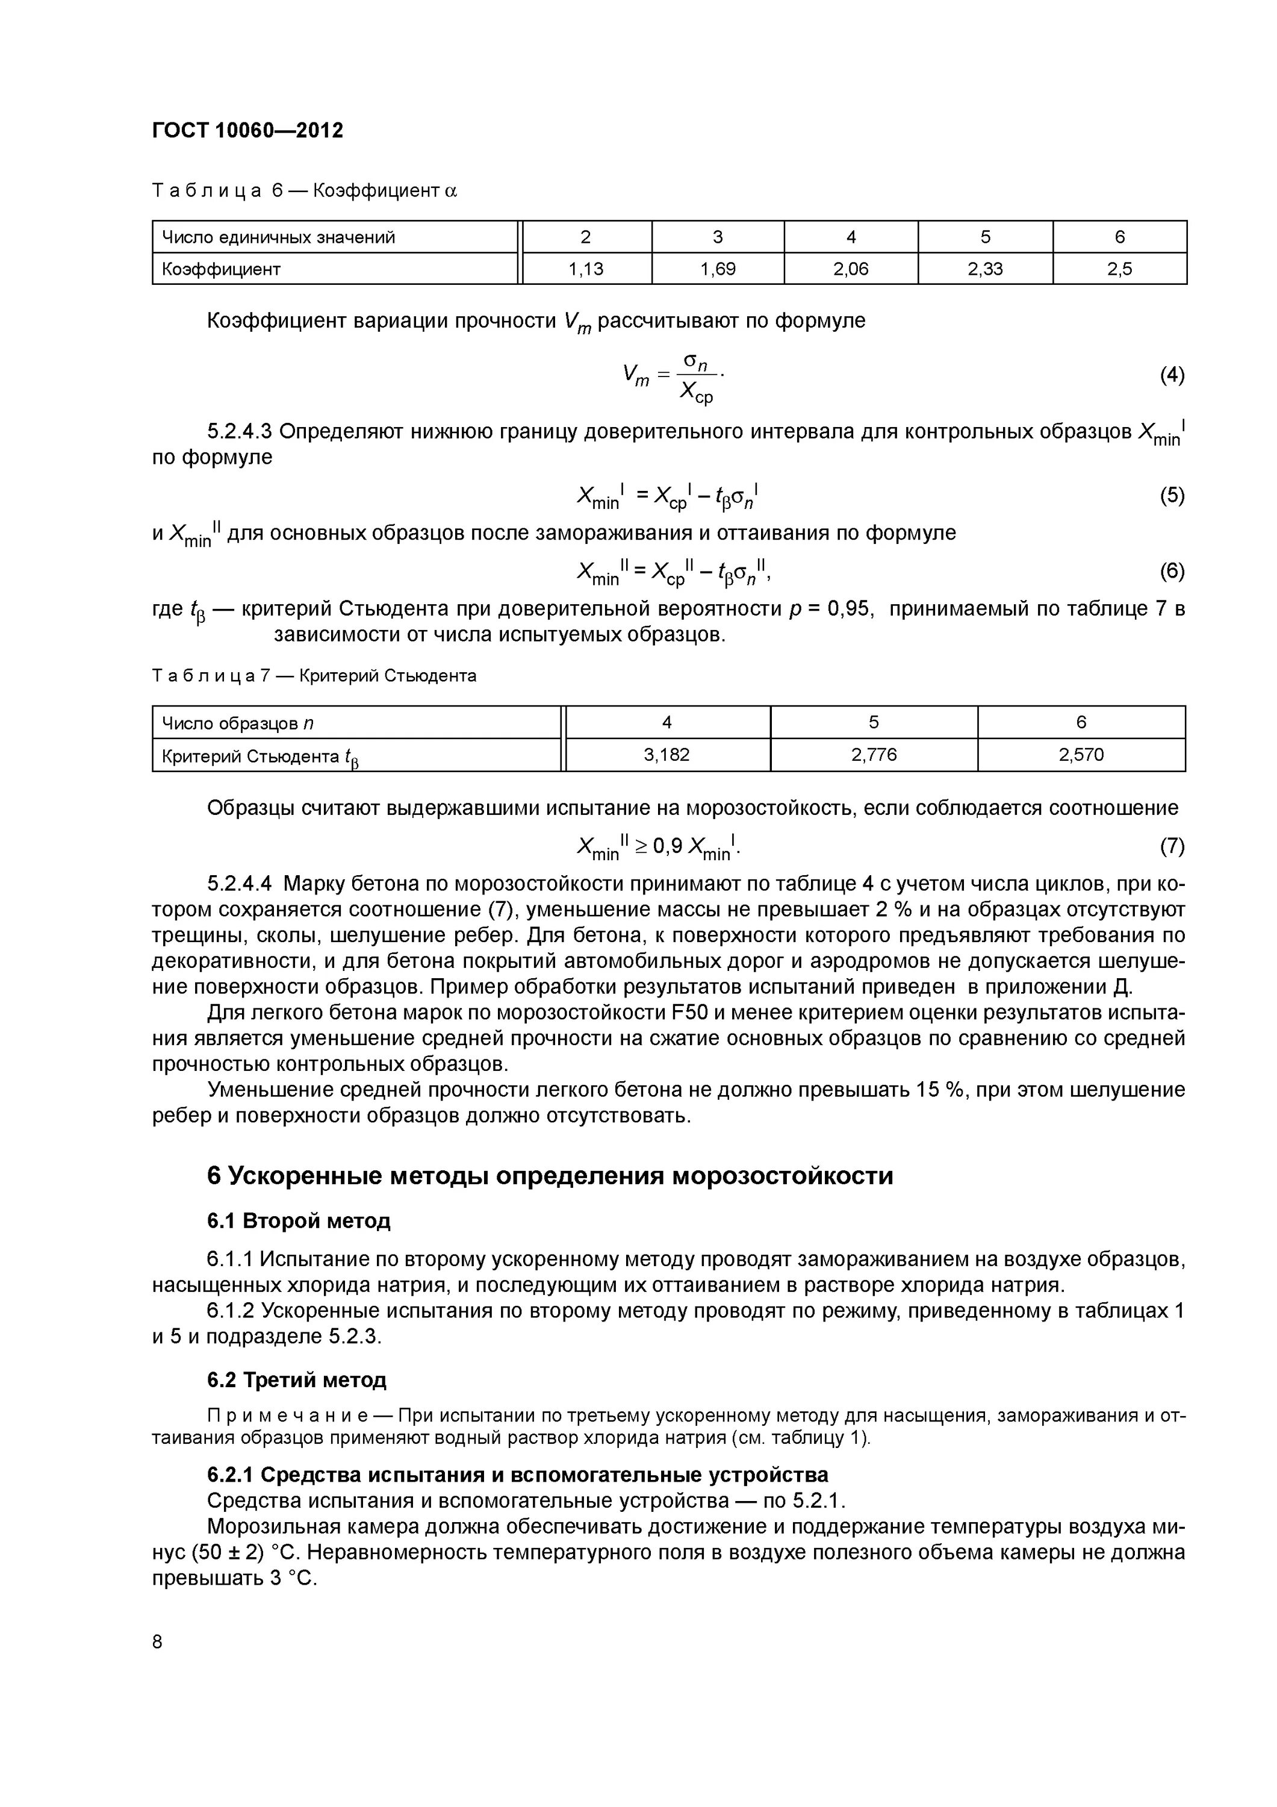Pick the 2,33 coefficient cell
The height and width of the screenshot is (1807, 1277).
[984, 269]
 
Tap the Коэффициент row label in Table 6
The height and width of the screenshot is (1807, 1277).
[221, 269]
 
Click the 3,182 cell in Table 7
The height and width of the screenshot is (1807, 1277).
[666, 755]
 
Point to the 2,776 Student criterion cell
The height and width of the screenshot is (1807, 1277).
[874, 755]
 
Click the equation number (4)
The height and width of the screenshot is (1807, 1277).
[1172, 375]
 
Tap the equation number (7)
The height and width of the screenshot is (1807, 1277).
[1172, 846]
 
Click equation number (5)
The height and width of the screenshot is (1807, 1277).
[1172, 495]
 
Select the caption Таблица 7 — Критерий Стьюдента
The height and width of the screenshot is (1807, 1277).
[314, 675]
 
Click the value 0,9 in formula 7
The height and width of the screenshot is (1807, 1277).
[667, 846]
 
